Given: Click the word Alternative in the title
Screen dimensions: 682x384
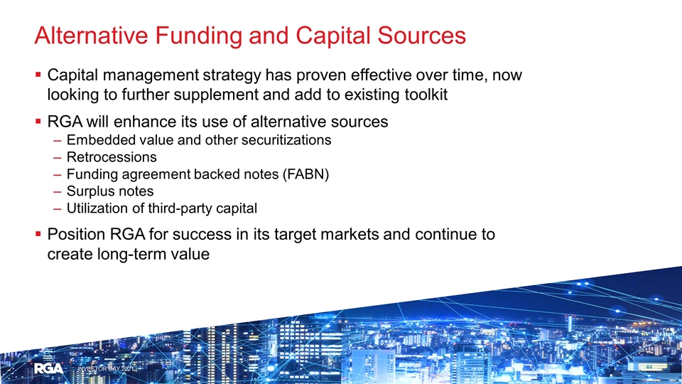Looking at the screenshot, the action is click(x=92, y=36).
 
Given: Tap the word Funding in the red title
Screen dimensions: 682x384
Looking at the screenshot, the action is click(x=198, y=36).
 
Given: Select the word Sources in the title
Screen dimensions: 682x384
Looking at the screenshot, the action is click(x=422, y=36).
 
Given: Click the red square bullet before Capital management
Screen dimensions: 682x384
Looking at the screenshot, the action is click(x=38, y=75).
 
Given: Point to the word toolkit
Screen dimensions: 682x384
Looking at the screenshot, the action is click(x=426, y=95).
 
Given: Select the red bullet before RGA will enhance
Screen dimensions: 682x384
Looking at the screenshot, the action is click(x=38, y=122).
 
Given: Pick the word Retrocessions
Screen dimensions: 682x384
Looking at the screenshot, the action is click(x=112, y=156).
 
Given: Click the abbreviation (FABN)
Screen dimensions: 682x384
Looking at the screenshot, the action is click(x=305, y=174).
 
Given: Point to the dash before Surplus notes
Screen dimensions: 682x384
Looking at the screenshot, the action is click(x=58, y=192).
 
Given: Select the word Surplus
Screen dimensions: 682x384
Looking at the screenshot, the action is click(x=90, y=191).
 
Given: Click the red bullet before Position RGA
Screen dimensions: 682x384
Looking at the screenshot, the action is click(x=38, y=234).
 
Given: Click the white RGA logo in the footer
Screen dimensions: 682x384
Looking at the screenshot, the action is click(x=49, y=369).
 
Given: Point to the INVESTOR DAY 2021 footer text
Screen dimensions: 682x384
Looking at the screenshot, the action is click(x=106, y=369).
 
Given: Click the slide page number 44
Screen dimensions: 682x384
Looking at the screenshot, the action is click(x=649, y=367).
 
